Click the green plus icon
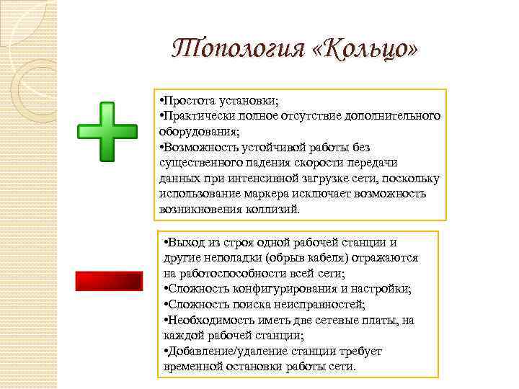click(107, 131)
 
